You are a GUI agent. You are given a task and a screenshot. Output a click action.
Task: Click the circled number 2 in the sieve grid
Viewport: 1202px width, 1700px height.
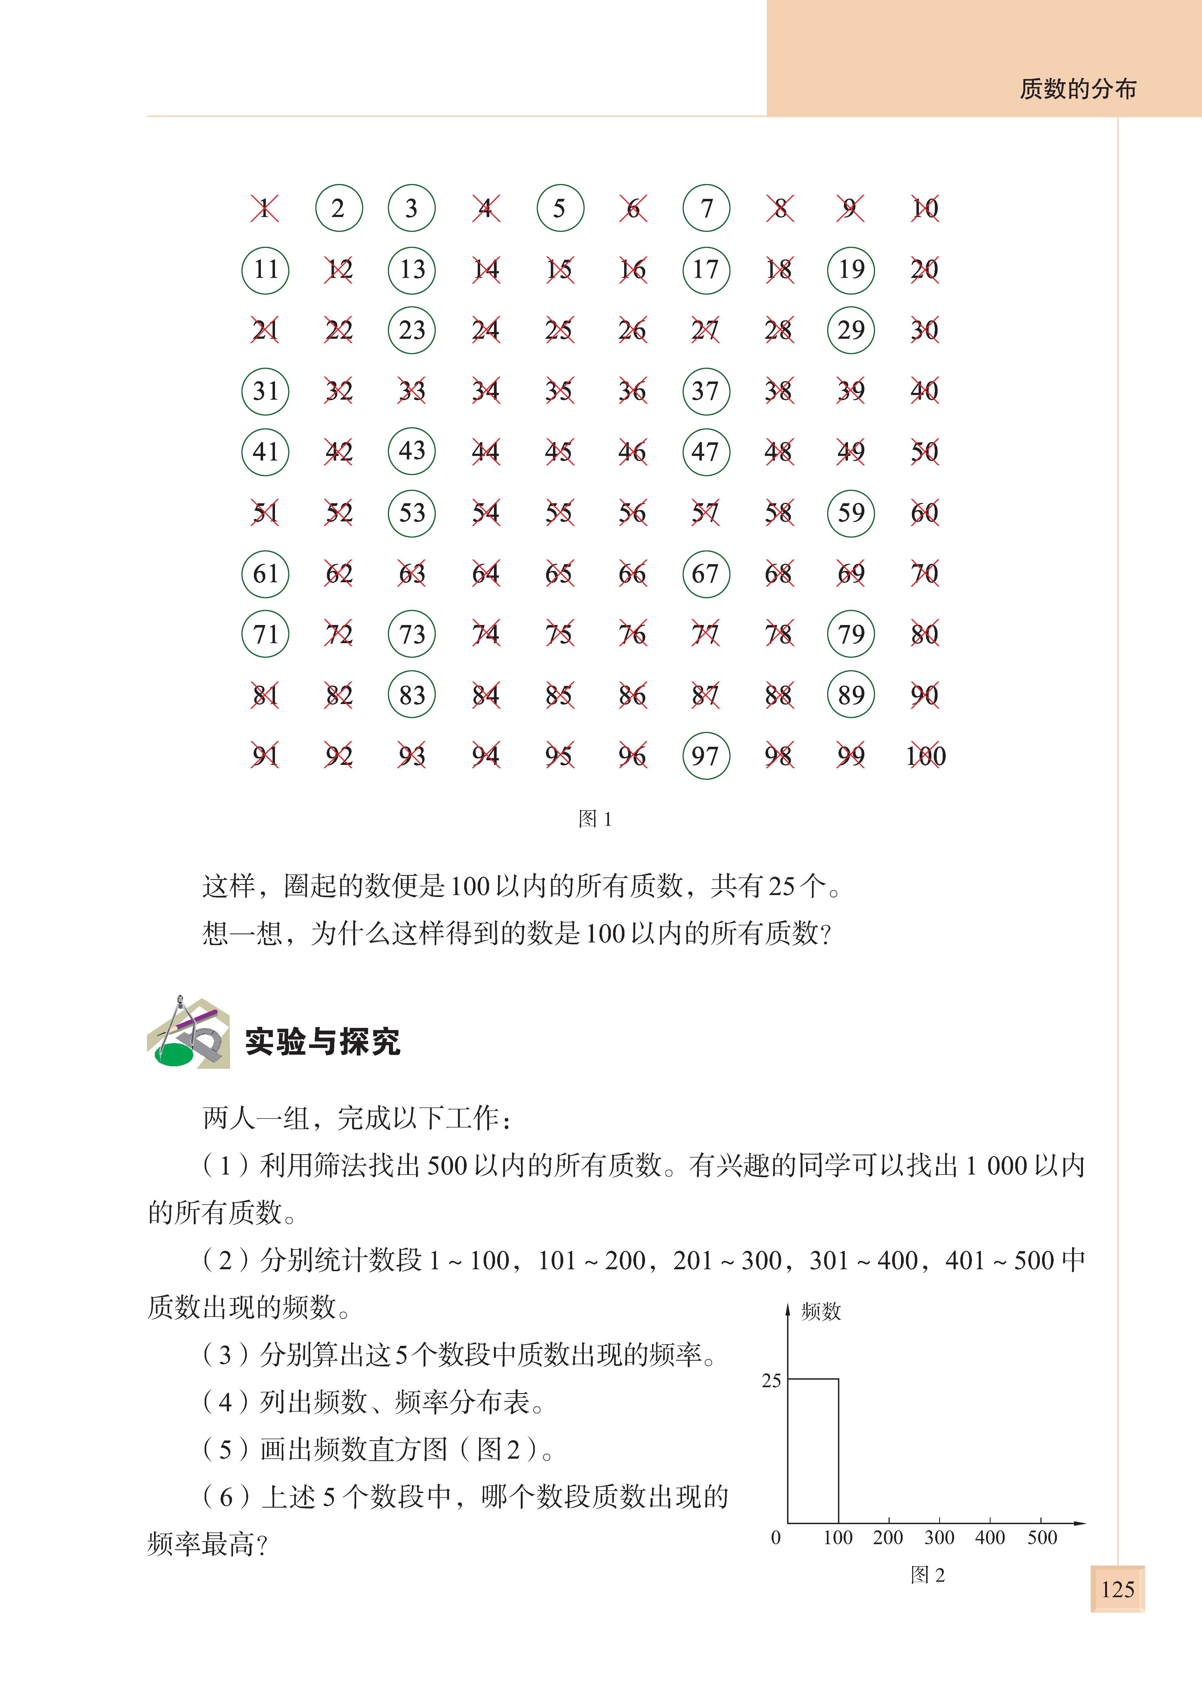click(x=338, y=208)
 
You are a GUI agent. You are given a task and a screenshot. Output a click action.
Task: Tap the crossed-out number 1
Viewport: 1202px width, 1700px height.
click(x=264, y=208)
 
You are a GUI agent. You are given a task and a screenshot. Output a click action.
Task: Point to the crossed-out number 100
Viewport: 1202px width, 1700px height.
click(x=925, y=756)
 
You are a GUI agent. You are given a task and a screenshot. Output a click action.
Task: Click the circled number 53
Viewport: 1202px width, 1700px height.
click(x=412, y=512)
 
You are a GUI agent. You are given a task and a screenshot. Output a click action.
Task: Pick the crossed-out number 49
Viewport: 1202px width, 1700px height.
click(x=851, y=452)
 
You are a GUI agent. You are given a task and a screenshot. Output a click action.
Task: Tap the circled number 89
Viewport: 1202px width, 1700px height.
click(x=851, y=695)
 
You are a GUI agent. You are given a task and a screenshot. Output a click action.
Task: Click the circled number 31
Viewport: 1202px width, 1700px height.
click(x=265, y=391)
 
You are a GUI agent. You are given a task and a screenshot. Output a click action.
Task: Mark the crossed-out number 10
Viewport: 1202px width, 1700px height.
click(x=925, y=208)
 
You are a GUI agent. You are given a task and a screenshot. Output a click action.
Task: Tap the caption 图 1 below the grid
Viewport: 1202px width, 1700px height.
click(x=595, y=819)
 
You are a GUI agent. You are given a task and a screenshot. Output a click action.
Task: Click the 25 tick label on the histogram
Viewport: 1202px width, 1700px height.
click(x=771, y=1380)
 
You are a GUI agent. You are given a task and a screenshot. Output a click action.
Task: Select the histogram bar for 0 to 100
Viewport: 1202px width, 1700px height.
click(x=813, y=1451)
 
